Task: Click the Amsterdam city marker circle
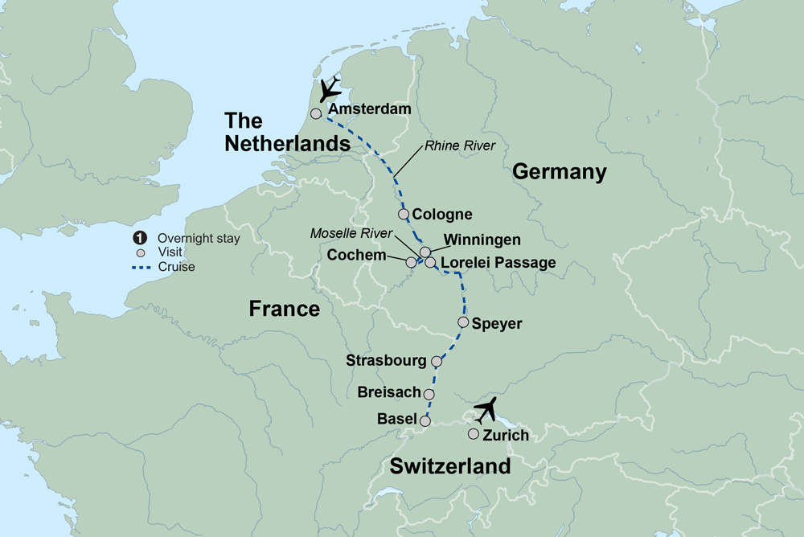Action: click(x=317, y=113)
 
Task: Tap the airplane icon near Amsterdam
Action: click(x=330, y=91)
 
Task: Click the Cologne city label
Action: click(x=441, y=215)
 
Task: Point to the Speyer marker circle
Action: click(x=463, y=322)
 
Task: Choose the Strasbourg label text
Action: click(x=386, y=360)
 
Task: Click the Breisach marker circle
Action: click(x=429, y=394)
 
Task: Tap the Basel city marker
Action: click(x=425, y=420)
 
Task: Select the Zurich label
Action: click(x=506, y=436)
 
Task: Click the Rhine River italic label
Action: click(x=461, y=146)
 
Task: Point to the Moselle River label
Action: click(x=352, y=234)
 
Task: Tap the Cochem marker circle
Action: click(x=412, y=262)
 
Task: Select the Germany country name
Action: click(x=559, y=171)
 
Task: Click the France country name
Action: click(x=285, y=309)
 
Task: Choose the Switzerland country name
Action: click(x=450, y=466)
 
